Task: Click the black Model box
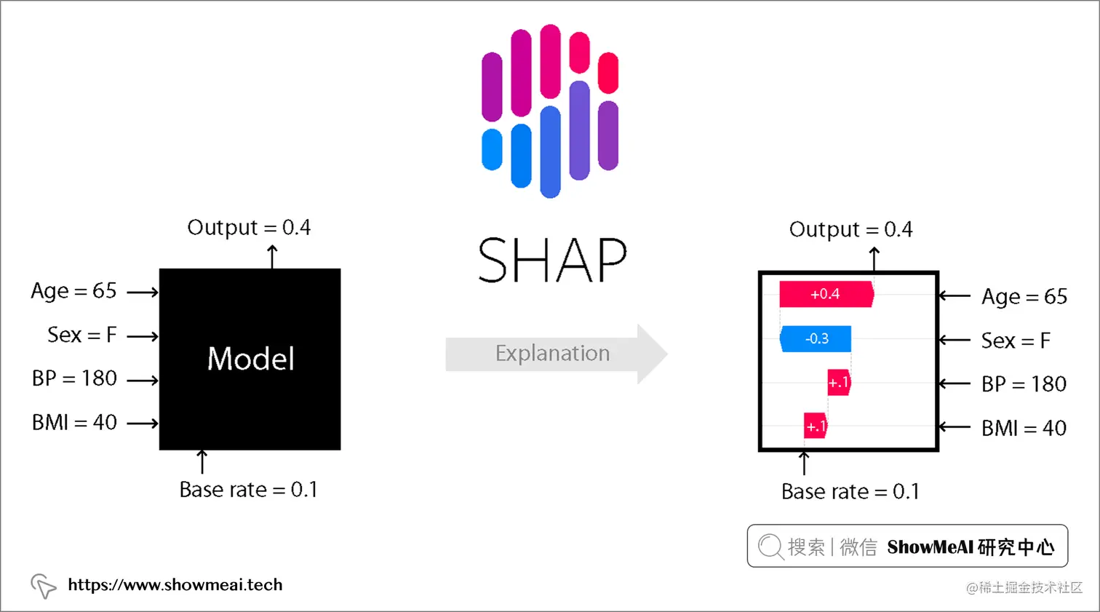(x=250, y=359)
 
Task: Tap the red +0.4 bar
(x=826, y=294)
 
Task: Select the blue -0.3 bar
(x=816, y=338)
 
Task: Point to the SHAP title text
(x=552, y=260)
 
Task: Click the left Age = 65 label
(x=73, y=291)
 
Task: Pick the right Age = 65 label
(x=1024, y=297)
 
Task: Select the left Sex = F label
(x=81, y=335)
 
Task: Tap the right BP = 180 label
(x=1023, y=384)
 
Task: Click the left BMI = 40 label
(x=74, y=423)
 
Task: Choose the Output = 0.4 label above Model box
(x=249, y=228)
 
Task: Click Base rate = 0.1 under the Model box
(x=248, y=490)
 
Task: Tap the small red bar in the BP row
(x=839, y=383)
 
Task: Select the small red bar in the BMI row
(x=816, y=426)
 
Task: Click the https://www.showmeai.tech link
(x=175, y=585)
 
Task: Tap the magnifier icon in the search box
(x=770, y=546)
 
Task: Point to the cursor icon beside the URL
(x=43, y=585)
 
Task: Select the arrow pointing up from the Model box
(x=272, y=256)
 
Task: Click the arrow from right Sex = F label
(x=954, y=340)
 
